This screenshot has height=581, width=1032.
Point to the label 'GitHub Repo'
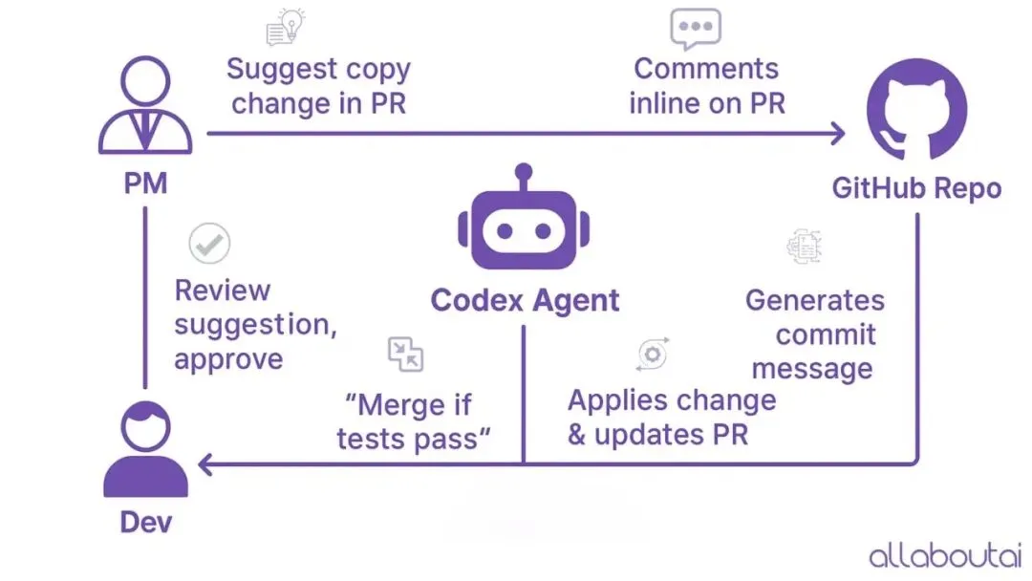point(916,188)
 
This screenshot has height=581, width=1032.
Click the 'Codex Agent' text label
point(525,300)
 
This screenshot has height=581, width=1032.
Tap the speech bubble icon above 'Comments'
point(695,29)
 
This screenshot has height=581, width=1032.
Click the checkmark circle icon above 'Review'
point(209,244)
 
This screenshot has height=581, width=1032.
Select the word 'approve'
point(228,359)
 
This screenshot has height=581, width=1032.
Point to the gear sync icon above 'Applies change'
point(653,354)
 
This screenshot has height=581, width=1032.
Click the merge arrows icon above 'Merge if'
point(405,354)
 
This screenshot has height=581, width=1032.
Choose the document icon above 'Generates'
point(803,246)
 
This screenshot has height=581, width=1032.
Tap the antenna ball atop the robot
point(523,172)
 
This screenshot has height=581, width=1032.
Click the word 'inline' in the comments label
point(664,103)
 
